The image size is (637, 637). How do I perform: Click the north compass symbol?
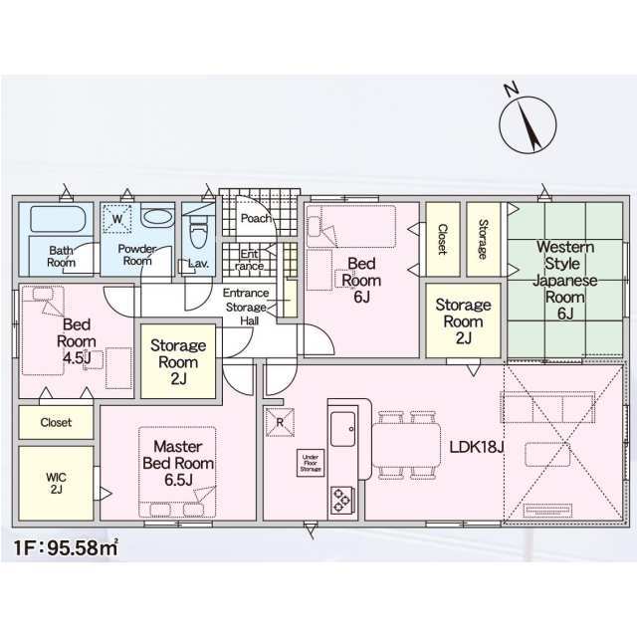[528, 124]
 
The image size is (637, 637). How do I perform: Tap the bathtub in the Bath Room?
[58, 219]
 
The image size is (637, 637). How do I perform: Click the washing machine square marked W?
[117, 219]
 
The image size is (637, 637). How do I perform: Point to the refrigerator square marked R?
[280, 422]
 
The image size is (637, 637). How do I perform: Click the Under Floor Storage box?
[311, 463]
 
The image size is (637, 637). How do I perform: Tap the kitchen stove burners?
[342, 500]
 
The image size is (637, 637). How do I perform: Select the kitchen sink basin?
[342, 429]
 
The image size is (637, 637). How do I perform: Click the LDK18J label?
[477, 447]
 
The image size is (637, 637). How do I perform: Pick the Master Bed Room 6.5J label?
[178, 463]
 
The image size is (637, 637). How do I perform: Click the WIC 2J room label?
[56, 484]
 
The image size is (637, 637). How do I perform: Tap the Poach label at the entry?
[256, 219]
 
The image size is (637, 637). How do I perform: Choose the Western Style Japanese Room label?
[565, 272]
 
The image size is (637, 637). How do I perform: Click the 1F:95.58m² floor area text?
[67, 548]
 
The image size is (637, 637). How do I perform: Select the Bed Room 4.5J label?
[77, 341]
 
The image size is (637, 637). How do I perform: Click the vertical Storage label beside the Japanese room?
[483, 239]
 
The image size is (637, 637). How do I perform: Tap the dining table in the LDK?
[406, 446]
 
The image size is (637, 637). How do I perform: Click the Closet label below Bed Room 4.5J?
[56, 422]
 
